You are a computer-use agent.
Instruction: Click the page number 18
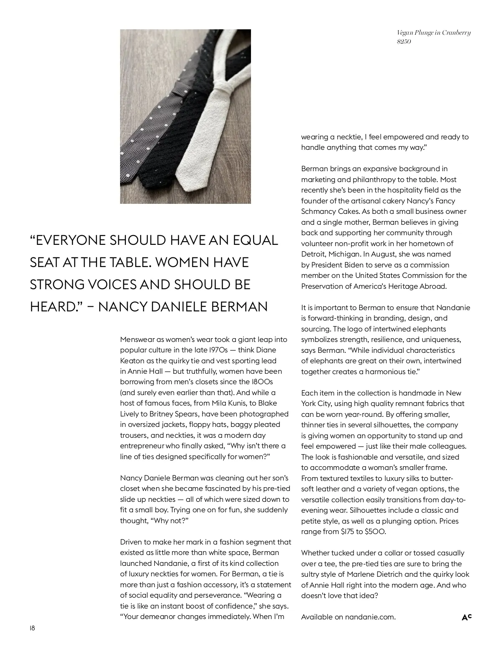pyautogui.click(x=33, y=628)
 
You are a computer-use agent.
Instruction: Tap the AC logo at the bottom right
pyautogui.click(x=466, y=617)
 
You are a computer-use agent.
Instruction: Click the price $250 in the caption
pyautogui.click(x=404, y=41)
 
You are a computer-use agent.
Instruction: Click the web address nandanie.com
pyautogui.click(x=370, y=617)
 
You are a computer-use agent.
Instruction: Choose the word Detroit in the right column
pyautogui.click(x=313, y=254)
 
